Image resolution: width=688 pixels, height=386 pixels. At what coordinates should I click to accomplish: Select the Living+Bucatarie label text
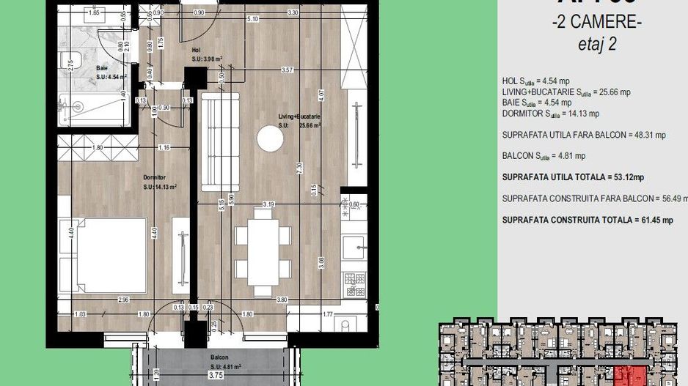click(299, 116)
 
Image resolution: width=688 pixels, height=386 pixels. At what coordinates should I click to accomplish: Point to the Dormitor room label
click(155, 177)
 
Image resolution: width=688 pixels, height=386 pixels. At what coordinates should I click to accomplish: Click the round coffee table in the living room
click(271, 139)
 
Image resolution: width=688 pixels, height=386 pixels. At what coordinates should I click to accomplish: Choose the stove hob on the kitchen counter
click(355, 282)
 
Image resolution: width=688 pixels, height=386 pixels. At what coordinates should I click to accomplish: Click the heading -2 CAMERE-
click(596, 23)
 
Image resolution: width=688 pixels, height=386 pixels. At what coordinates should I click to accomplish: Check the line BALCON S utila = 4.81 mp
click(544, 156)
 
